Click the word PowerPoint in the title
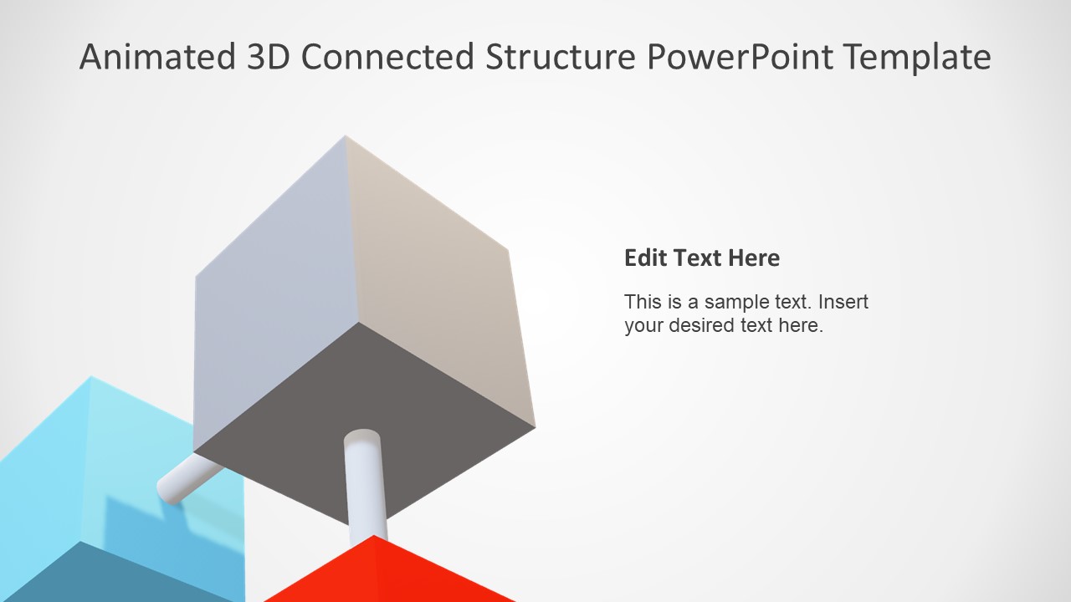(740, 57)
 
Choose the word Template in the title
(917, 57)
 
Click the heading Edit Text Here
(701, 258)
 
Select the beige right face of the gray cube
(435, 284)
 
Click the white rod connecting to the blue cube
(186, 480)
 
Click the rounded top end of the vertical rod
(362, 437)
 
